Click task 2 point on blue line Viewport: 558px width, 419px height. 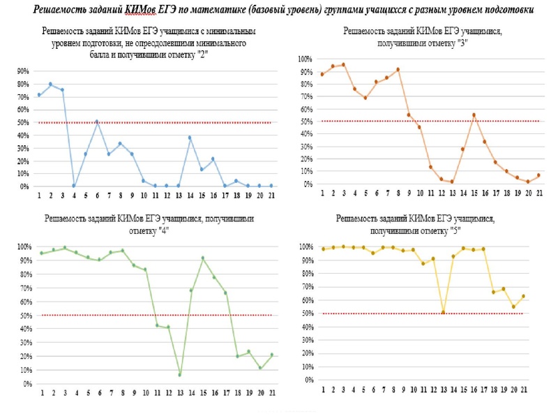click(x=50, y=84)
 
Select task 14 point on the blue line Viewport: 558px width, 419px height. click(x=189, y=138)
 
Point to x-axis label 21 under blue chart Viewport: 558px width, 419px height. click(x=271, y=197)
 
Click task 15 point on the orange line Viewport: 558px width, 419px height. click(x=474, y=115)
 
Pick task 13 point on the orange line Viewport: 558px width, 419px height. click(x=452, y=182)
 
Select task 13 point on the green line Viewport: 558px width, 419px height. click(x=179, y=375)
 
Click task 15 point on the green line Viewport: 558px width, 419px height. click(x=202, y=258)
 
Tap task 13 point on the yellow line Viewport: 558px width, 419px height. click(x=443, y=312)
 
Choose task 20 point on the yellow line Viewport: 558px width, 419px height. click(x=514, y=307)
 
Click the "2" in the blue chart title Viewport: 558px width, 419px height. click(x=202, y=52)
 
